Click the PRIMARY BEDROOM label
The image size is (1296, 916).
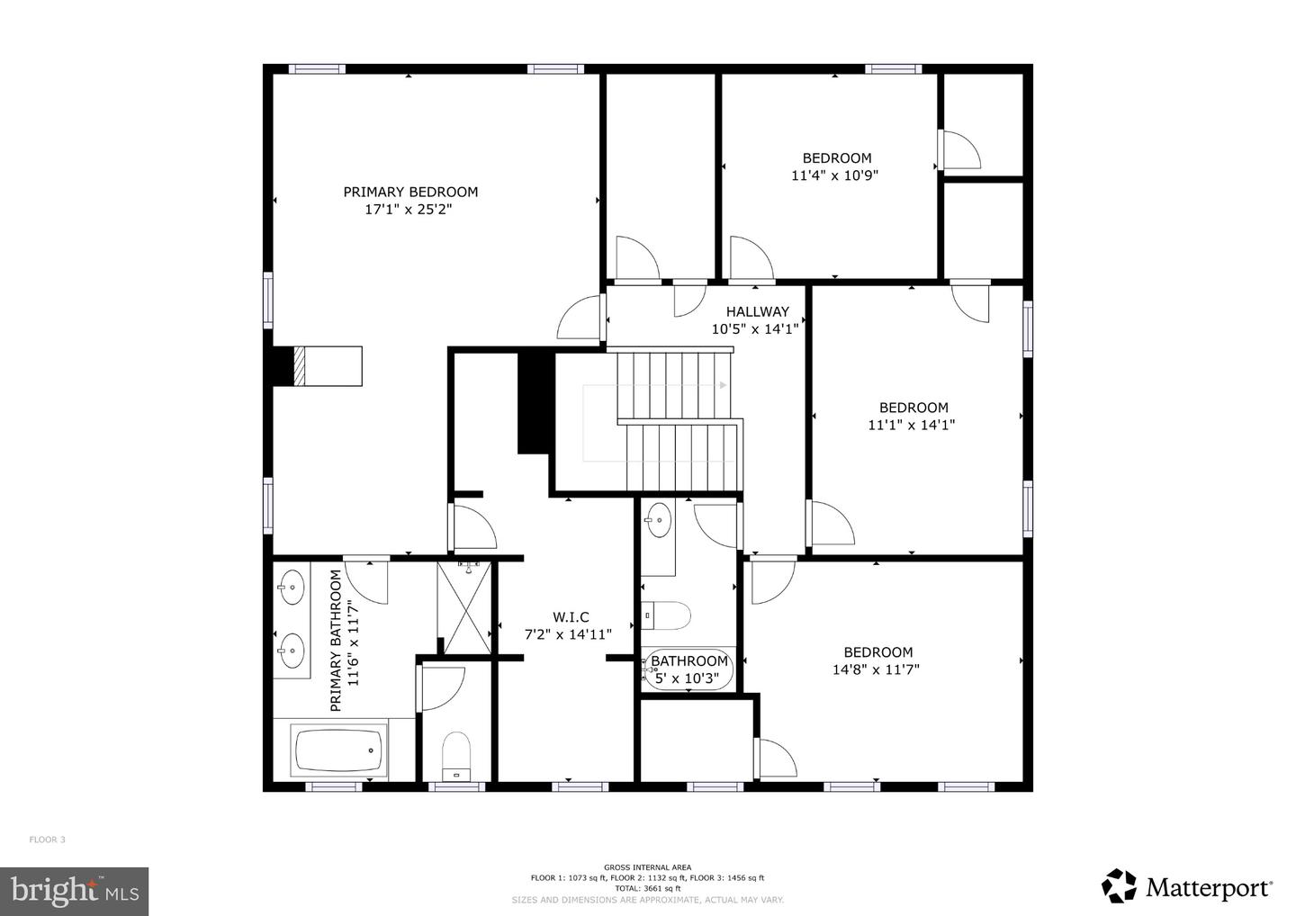(410, 192)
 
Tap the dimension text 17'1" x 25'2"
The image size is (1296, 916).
(408, 210)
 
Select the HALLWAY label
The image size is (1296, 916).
(757, 311)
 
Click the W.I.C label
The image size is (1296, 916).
(571, 617)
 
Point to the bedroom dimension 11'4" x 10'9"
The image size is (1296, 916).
(834, 175)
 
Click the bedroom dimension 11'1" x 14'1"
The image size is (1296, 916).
(911, 425)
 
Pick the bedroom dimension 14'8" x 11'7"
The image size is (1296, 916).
(876, 669)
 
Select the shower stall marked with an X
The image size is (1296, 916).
(465, 608)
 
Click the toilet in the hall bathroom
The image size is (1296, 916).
(666, 616)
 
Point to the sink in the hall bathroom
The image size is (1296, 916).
(658, 520)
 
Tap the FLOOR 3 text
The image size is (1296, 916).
(48, 840)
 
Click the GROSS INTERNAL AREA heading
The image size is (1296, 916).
(647, 867)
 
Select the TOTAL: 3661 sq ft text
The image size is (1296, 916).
(647, 888)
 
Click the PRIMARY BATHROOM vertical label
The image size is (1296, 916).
(336, 640)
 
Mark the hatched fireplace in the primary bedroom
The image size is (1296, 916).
(301, 366)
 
